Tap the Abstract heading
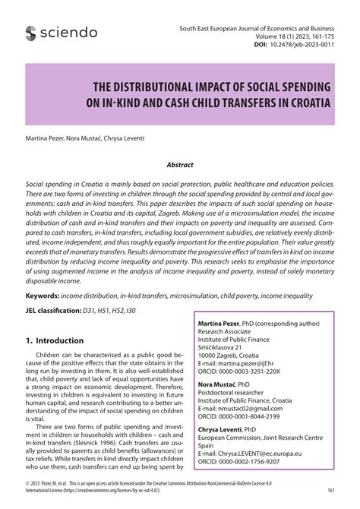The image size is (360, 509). tap(180, 164)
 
